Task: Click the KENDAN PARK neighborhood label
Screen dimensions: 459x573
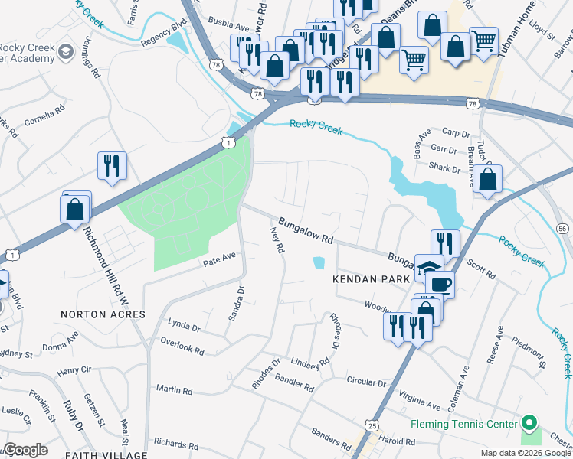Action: pos(366,280)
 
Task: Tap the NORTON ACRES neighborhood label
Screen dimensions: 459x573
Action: pos(103,314)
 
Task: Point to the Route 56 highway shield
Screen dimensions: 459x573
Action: pos(562,229)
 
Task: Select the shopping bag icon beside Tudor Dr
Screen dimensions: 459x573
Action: pos(487,180)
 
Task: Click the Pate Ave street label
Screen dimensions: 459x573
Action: pos(217,261)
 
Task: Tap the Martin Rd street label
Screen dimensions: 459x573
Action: pos(174,390)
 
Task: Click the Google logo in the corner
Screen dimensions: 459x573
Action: pos(25,450)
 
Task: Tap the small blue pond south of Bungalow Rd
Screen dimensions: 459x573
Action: pos(318,264)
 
